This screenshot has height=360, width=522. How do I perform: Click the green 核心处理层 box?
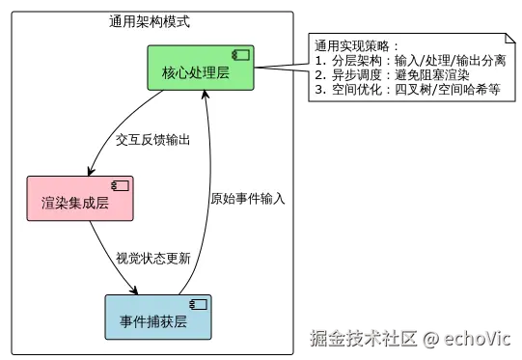pyautogui.click(x=201, y=68)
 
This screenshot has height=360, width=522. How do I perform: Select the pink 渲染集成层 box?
pyautogui.click(x=80, y=199)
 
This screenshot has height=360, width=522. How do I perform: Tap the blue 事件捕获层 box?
pyautogui.click(x=158, y=317)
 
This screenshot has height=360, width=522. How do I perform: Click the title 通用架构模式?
pyautogui.click(x=150, y=21)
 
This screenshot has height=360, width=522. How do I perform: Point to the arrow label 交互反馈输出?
pyautogui.click(x=152, y=140)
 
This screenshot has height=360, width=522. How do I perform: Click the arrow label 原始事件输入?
pyautogui.click(x=248, y=199)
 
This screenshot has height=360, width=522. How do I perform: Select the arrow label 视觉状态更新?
pyautogui.click(x=153, y=258)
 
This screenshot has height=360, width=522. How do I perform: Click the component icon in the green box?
pyautogui.click(x=240, y=55)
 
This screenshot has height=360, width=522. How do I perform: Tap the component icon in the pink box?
pyautogui.click(x=121, y=185)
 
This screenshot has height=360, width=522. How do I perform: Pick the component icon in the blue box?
pyautogui.click(x=199, y=304)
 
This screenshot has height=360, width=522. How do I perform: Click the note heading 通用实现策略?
pyautogui.click(x=356, y=45)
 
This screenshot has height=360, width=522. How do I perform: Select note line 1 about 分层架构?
pyautogui.click(x=410, y=61)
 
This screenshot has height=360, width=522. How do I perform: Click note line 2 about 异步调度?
pyautogui.click(x=392, y=75)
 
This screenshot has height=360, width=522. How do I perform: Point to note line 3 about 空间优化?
pyautogui.click(x=407, y=90)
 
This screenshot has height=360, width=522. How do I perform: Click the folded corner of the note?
pyautogui.click(x=510, y=39)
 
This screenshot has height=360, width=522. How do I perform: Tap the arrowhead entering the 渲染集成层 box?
pyautogui.click(x=91, y=171)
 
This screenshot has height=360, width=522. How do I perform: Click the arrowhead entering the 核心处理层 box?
pyautogui.click(x=206, y=95)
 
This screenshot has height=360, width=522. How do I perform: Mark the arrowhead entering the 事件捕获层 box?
pyautogui.click(x=134, y=291)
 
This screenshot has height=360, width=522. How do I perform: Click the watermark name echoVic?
pyautogui.click(x=477, y=339)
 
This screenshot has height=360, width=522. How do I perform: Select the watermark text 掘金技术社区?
pyautogui.click(x=364, y=339)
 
